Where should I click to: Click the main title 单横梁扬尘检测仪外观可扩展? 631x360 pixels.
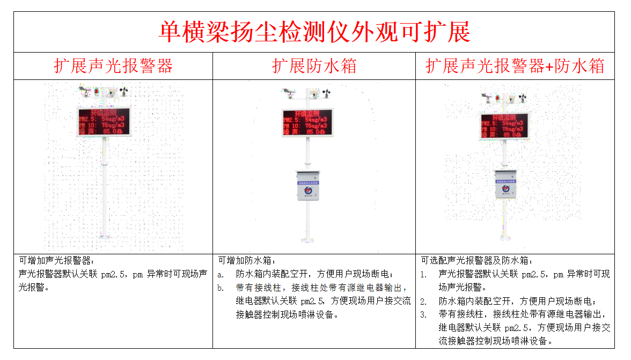click(x=314, y=32)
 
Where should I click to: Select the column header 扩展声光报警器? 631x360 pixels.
click(x=113, y=66)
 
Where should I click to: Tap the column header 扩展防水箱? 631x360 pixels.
click(x=314, y=66)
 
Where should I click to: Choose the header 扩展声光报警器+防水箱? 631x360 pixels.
click(x=515, y=66)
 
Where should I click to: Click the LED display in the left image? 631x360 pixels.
click(x=104, y=122)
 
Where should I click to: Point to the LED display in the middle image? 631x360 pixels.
click(x=307, y=122)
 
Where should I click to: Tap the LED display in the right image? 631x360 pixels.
click(x=504, y=126)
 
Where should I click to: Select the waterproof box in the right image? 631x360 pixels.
click(x=505, y=184)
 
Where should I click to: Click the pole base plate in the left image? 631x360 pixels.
click(x=104, y=237)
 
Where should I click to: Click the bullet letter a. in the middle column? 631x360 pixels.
click(x=221, y=274)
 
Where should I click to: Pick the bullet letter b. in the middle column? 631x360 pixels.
click(x=221, y=288)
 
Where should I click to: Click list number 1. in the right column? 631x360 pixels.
click(x=423, y=274)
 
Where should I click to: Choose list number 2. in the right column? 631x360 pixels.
click(x=423, y=301)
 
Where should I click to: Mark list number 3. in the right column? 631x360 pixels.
click(x=423, y=314)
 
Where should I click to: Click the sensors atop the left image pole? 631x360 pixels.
click(x=105, y=92)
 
